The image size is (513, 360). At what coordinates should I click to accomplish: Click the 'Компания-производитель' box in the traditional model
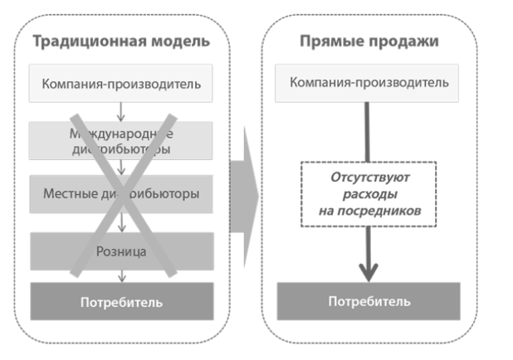point(121,84)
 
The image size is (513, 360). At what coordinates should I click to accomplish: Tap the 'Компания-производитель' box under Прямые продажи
point(369,83)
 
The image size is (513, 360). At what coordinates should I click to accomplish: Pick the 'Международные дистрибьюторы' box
point(121,141)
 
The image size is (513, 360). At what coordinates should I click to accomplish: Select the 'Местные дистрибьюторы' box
point(121,195)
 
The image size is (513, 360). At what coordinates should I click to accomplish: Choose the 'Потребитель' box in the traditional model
point(121,301)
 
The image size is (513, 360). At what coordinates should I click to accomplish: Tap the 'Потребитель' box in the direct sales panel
point(369,301)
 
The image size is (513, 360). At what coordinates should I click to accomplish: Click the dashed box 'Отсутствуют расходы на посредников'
point(369,194)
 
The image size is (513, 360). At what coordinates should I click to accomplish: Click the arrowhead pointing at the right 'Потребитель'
point(369,270)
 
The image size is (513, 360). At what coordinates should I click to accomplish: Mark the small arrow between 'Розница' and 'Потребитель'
point(121,275)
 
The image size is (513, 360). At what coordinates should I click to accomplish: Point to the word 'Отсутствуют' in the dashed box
point(369,178)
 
